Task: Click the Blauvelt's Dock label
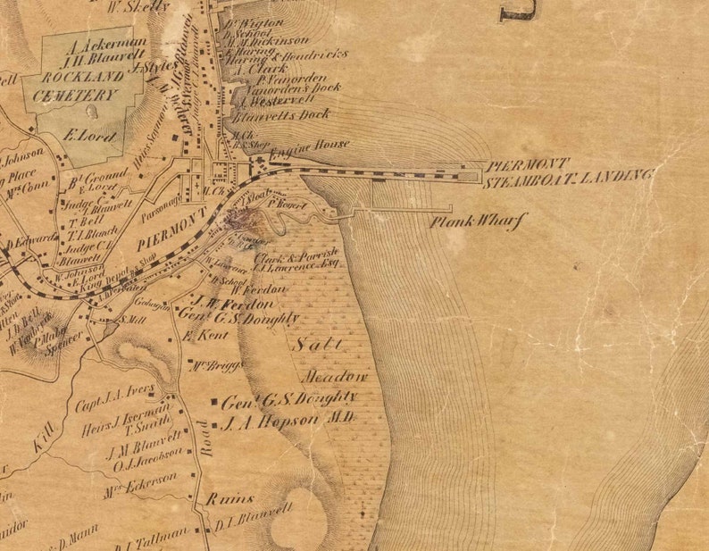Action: pyautogui.click(x=280, y=115)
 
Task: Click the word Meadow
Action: pyautogui.click(x=339, y=376)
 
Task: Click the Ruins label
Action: pyautogui.click(x=230, y=498)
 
